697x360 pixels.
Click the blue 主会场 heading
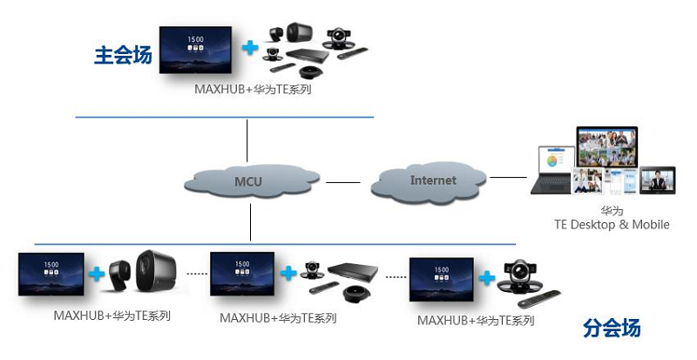(123, 56)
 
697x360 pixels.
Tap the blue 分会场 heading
(612, 329)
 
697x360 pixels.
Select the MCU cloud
(247, 181)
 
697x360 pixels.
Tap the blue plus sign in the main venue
(251, 47)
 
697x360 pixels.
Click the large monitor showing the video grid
(606, 148)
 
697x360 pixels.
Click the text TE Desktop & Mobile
(612, 225)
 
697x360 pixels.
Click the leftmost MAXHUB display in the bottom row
(51, 274)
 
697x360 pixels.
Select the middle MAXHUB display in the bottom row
(243, 274)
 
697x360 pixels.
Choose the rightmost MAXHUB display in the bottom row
(443, 275)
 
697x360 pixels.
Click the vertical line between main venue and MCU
(247, 140)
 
